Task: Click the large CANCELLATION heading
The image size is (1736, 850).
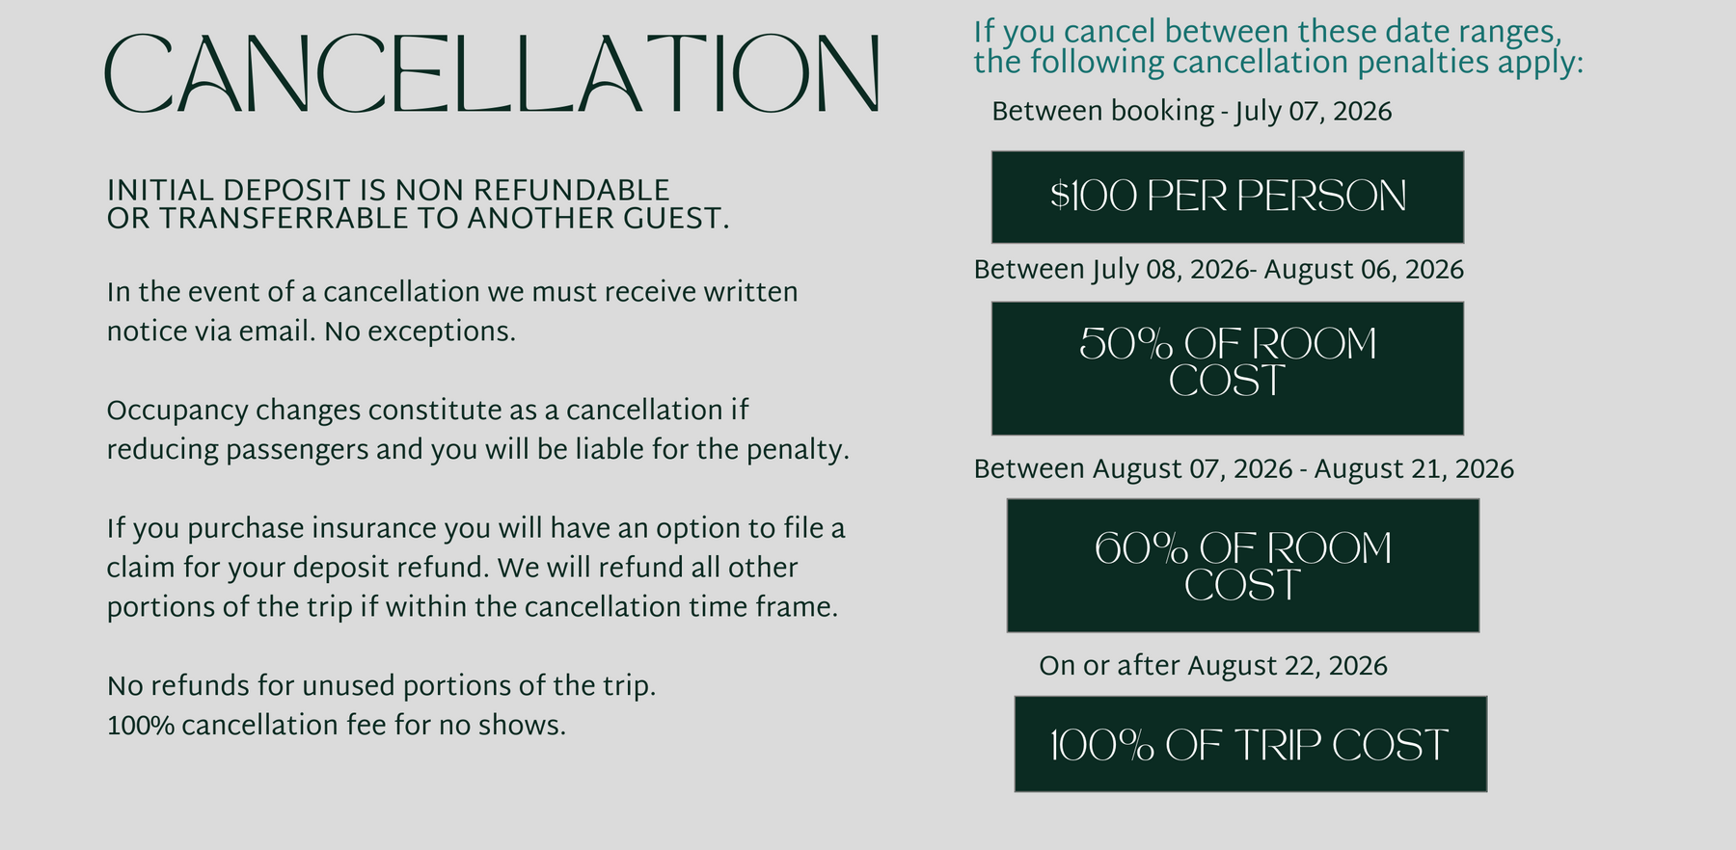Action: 492,74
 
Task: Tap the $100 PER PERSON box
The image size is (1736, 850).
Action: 1228,197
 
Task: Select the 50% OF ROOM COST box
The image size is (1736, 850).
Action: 1228,368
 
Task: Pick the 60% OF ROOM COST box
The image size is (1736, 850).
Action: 1243,566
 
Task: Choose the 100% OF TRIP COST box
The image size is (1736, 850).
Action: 1251,744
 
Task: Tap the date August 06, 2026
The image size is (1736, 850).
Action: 1364,270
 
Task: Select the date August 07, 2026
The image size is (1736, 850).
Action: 1192,469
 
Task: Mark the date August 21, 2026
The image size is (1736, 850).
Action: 1414,469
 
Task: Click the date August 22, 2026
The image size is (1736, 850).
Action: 1288,666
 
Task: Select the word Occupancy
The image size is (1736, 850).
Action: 177,412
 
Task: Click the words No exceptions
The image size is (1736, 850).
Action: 420,332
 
